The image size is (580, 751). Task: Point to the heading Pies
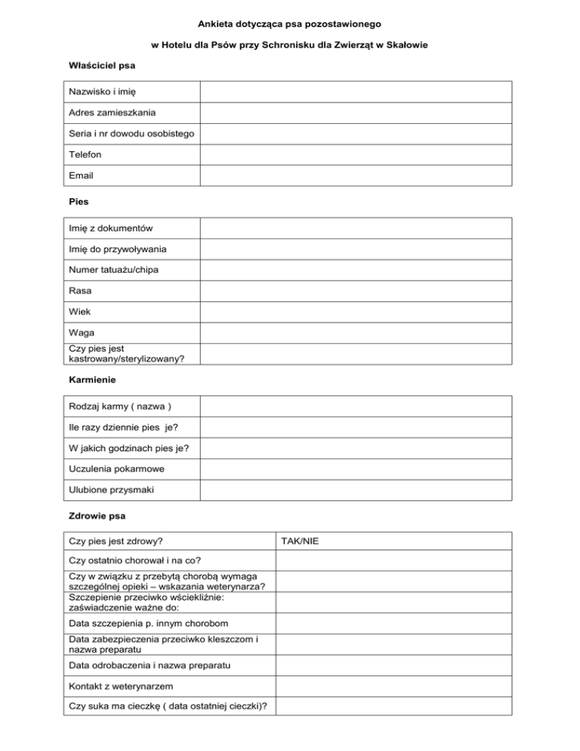pos(78,202)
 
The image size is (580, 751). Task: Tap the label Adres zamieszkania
pos(112,113)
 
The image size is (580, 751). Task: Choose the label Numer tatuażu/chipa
pos(113,270)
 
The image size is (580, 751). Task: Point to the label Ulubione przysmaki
pos(111,490)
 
